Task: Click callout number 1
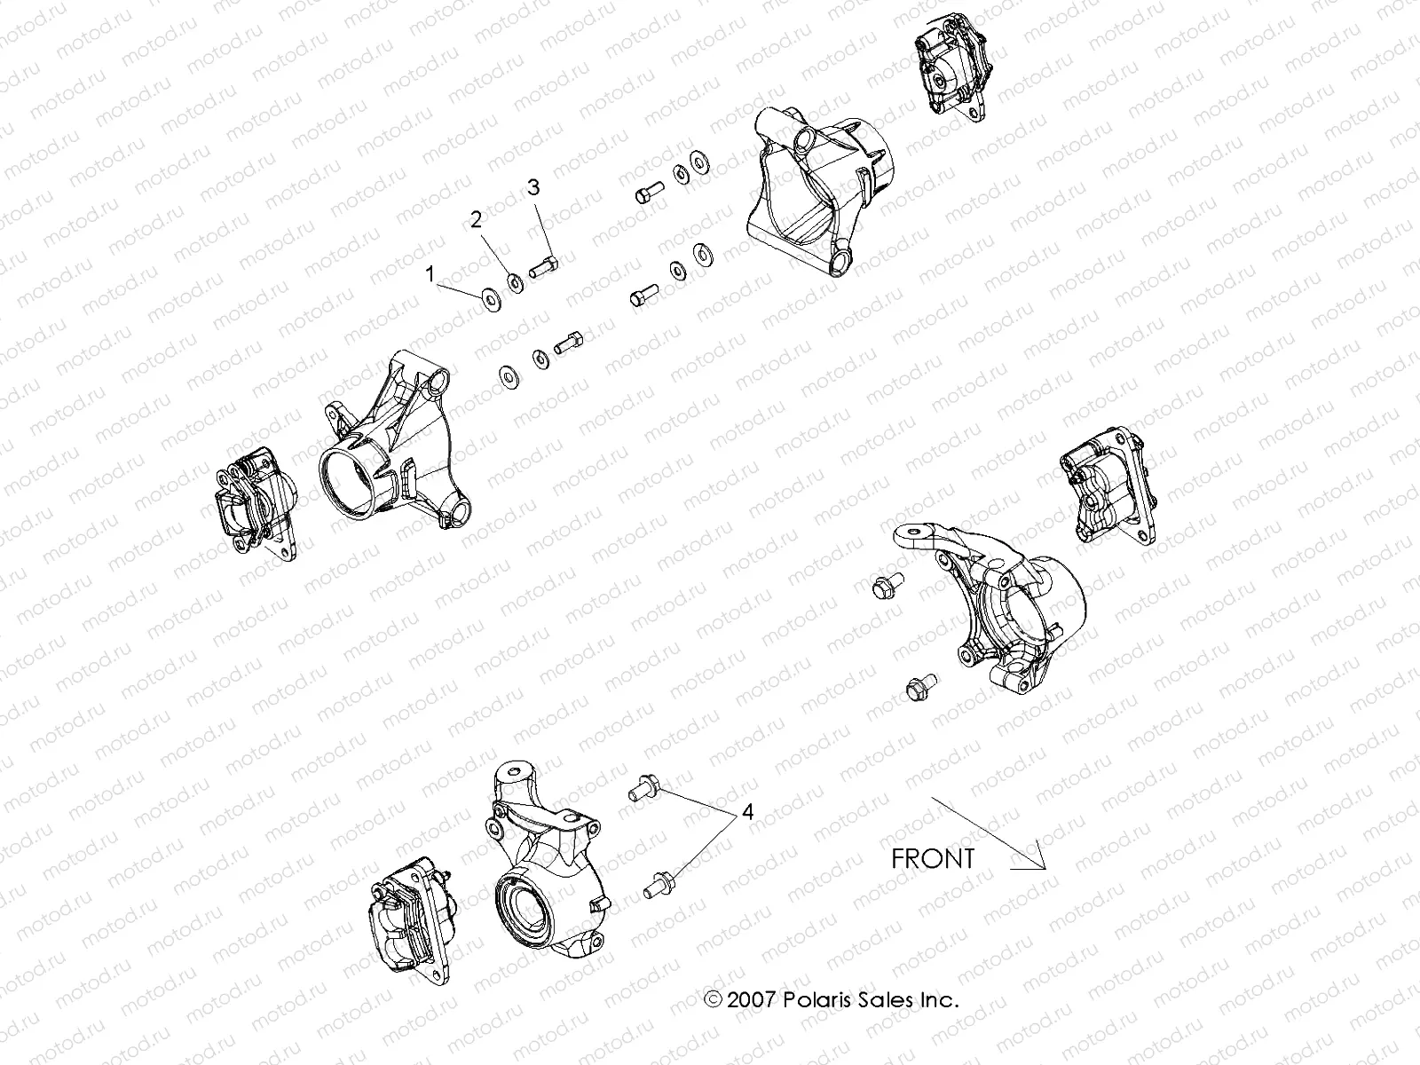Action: tap(431, 275)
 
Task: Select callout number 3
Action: tap(533, 187)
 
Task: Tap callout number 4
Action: tap(747, 811)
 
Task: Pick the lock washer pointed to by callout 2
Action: tap(514, 284)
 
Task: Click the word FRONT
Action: tap(932, 859)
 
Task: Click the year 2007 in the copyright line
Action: tap(750, 1000)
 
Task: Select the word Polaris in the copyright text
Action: tap(816, 1000)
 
